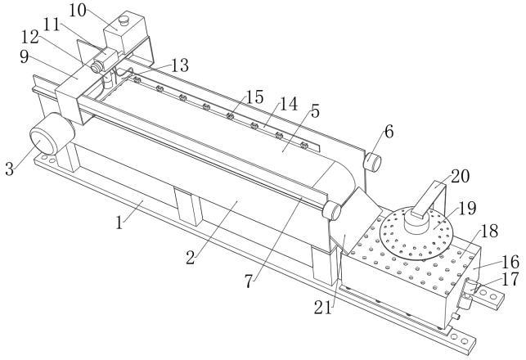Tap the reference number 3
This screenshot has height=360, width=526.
coord(11,169)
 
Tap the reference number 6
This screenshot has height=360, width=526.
coord(387,130)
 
